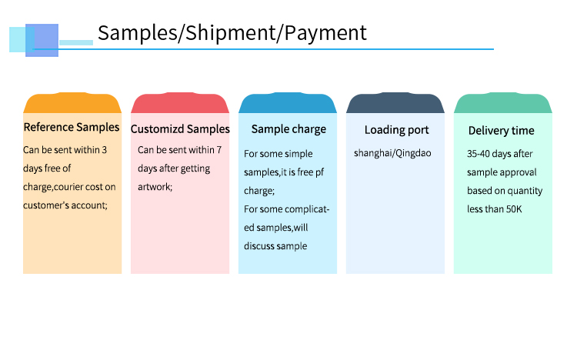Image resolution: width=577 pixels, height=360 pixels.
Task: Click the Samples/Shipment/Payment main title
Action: coord(232,33)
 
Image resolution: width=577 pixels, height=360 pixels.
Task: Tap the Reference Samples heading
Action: coord(72,127)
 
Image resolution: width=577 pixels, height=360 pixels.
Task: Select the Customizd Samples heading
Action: coord(180,128)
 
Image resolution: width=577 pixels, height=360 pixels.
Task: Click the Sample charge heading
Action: coord(288,129)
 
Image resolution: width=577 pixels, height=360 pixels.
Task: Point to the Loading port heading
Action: coord(397,129)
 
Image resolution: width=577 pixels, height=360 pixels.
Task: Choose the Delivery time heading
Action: coord(501,130)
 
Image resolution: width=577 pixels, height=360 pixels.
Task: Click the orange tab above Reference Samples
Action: coord(72,103)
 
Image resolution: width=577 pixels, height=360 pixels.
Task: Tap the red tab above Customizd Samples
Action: coord(180,103)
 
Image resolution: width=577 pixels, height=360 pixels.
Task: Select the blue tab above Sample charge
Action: coord(288,103)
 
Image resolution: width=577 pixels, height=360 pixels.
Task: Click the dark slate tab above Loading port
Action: coord(395,103)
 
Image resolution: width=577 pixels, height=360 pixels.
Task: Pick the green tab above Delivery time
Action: coord(503,103)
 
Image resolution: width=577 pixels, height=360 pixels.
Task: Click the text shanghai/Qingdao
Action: coord(392,153)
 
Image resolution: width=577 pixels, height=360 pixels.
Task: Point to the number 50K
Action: coord(514,209)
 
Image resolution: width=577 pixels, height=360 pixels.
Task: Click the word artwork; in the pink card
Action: coord(155,187)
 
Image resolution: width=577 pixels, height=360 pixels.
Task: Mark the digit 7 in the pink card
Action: coord(219,150)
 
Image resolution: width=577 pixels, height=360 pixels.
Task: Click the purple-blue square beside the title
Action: coord(42,41)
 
